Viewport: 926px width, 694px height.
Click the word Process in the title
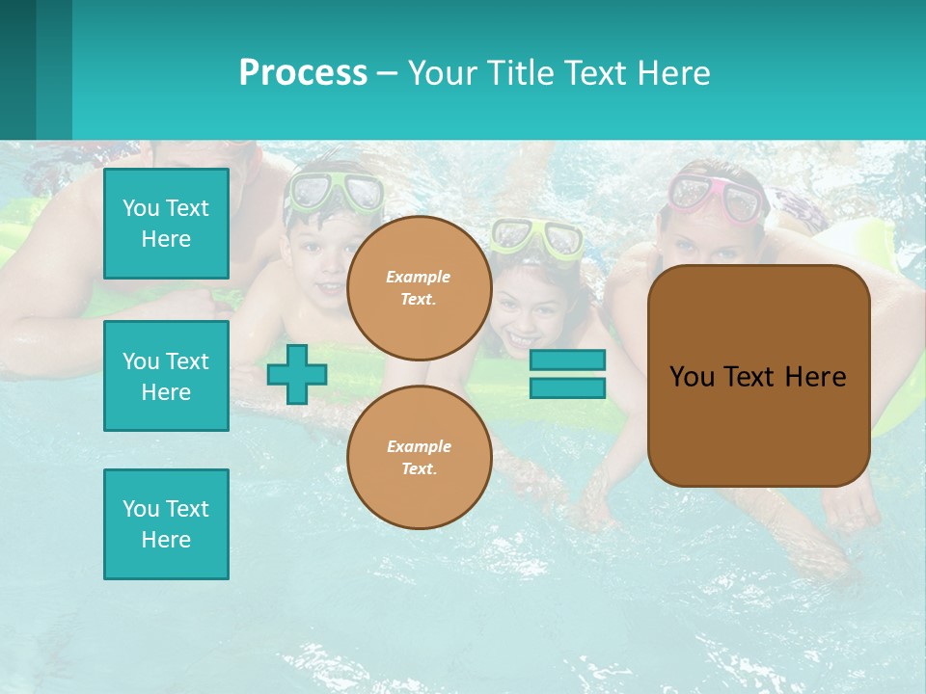click(x=303, y=73)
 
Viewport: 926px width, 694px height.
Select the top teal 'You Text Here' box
click(x=166, y=224)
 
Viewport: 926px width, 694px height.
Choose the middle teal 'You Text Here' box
click(x=166, y=376)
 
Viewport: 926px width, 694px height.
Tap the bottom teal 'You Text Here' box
click(x=166, y=524)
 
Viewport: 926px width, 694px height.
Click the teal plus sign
click(x=297, y=375)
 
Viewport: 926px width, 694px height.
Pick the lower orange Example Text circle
click(x=419, y=458)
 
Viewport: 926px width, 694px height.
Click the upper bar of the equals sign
click(x=568, y=360)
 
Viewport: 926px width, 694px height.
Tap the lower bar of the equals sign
click(x=568, y=387)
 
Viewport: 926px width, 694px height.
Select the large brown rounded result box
click(x=758, y=424)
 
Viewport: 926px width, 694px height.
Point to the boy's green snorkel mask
click(x=337, y=191)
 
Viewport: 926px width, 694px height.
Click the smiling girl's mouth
click(x=522, y=339)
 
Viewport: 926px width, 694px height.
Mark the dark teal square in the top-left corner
click(x=17, y=69)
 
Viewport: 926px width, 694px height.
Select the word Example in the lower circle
click(x=419, y=446)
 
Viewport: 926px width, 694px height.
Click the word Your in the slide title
click(x=443, y=73)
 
